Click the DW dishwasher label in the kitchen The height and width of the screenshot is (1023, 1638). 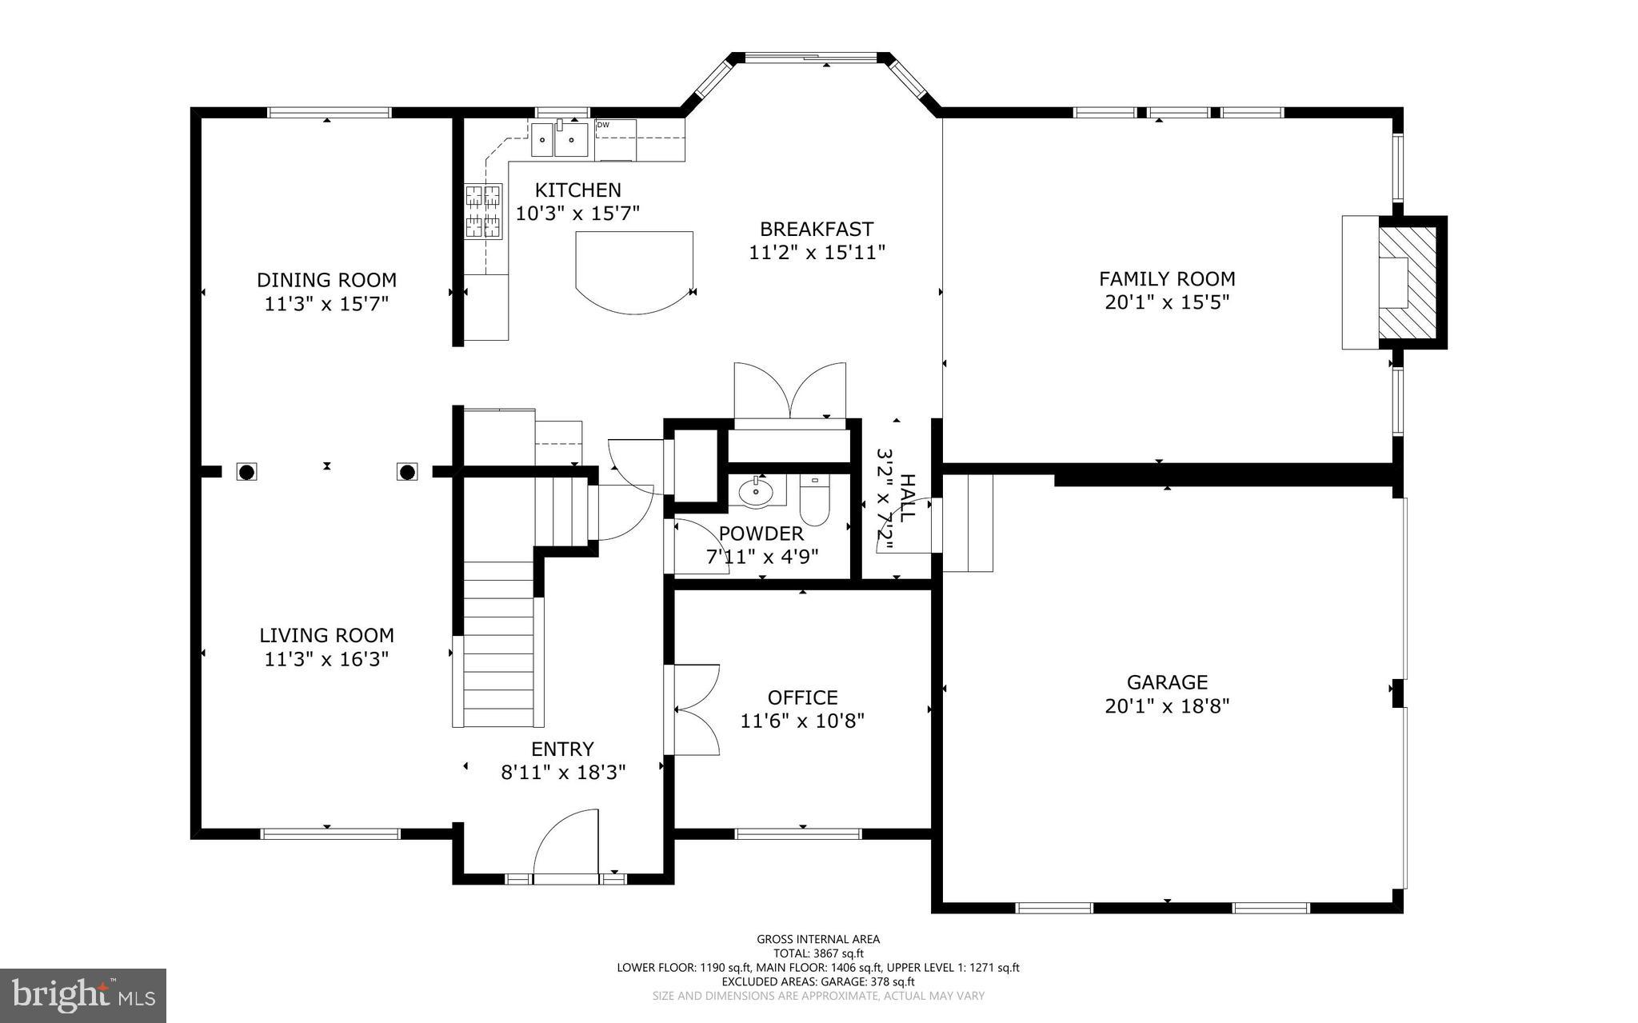pyautogui.click(x=603, y=125)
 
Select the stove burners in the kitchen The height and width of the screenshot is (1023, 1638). pyautogui.click(x=484, y=211)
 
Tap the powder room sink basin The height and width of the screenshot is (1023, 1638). pyautogui.click(x=756, y=492)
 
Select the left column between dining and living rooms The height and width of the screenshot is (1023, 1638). pyautogui.click(x=246, y=472)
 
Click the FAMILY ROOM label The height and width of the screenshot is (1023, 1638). pyautogui.click(x=1166, y=279)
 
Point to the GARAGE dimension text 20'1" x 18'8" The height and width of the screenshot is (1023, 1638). pyautogui.click(x=1166, y=706)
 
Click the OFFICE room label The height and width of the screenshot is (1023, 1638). pyautogui.click(x=802, y=697)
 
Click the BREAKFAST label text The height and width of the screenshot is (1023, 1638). pyautogui.click(x=816, y=230)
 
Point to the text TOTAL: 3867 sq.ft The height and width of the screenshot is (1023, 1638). pyautogui.click(x=817, y=953)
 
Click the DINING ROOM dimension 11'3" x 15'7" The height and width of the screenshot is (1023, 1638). pyautogui.click(x=326, y=304)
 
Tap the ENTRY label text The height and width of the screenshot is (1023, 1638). pyautogui.click(x=562, y=749)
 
